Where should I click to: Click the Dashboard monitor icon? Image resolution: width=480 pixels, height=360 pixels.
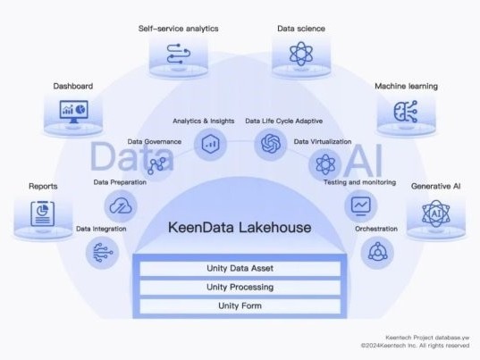73,112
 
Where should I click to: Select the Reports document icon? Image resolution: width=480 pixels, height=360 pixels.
43,213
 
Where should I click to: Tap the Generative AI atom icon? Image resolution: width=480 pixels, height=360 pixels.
436,213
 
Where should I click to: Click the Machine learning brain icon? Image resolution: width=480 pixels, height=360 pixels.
406,112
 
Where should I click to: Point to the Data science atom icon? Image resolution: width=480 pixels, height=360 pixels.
301,54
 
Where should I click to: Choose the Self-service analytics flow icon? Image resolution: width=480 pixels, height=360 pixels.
179,54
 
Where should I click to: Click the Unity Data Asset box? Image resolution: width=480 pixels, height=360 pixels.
240,268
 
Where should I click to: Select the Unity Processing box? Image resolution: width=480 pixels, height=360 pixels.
240,288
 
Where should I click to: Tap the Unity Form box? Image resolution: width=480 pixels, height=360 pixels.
240,306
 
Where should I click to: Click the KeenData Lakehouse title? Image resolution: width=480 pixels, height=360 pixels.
240,228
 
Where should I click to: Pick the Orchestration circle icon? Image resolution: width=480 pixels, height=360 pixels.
377,253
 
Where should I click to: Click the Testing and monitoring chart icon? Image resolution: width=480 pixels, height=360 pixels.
360,205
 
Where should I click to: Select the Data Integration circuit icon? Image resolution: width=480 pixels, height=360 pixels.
102,253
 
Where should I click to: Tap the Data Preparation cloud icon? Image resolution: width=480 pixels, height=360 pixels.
121,205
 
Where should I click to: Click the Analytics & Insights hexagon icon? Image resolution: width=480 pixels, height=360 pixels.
210,144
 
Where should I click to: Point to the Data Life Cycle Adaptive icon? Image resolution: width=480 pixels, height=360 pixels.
271,144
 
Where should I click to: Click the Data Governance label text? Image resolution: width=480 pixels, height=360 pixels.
155,142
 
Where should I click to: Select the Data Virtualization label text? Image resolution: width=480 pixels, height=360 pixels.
323,142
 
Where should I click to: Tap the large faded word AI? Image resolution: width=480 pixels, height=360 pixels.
364,161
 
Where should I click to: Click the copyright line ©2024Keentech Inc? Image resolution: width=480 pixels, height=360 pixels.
415,346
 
